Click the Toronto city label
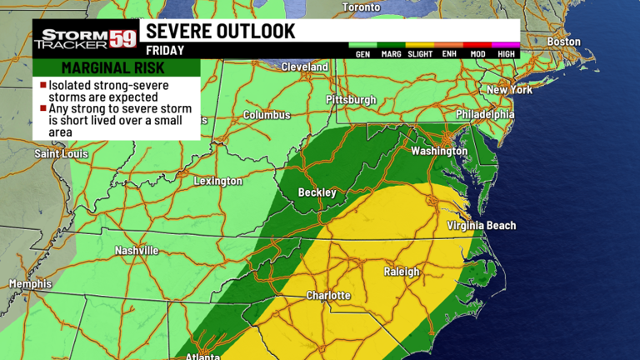click(x=361, y=7)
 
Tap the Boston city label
click(x=563, y=42)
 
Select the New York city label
click(x=509, y=89)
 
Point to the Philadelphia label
click(x=485, y=114)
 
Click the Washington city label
click(x=439, y=151)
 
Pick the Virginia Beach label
click(x=481, y=226)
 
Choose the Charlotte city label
click(x=328, y=296)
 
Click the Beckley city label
click(x=317, y=192)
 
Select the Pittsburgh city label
click(x=351, y=100)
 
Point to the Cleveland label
click(x=304, y=67)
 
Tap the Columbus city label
click(x=267, y=115)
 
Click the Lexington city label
click(x=217, y=181)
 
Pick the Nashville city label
click(x=136, y=250)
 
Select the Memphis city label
click(x=30, y=284)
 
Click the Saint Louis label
click(x=62, y=154)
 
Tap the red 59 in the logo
click(x=124, y=37)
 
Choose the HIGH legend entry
click(x=506, y=54)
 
